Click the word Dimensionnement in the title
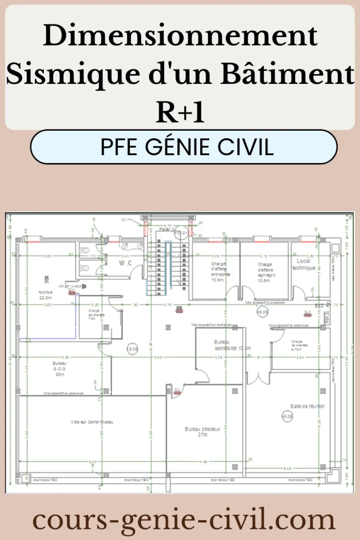pyautogui.click(x=180, y=37)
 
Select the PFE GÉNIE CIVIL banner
pyautogui.click(x=184, y=147)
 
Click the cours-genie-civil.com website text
pyautogui.click(x=184, y=520)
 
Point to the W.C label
pyautogui.click(x=125, y=263)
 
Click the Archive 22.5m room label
pyautogui.click(x=45, y=294)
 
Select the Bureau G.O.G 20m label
pyautogui.click(x=60, y=369)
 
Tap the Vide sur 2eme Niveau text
pyautogui.click(x=92, y=422)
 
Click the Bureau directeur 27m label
pyautogui.click(x=202, y=432)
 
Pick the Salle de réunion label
pyautogui.click(x=307, y=406)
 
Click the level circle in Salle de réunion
pyautogui.click(x=287, y=416)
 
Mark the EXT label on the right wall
pyautogui.click(x=319, y=305)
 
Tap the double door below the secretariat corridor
pyautogui.click(x=256, y=379)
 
